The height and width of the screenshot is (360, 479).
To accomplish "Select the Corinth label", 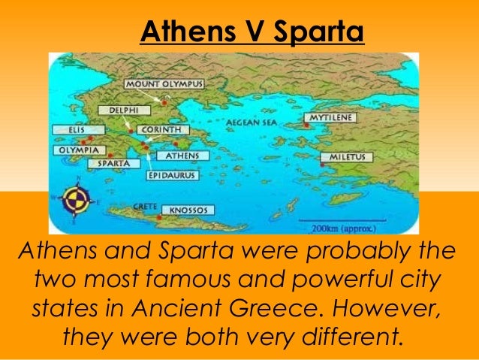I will tap(161, 129).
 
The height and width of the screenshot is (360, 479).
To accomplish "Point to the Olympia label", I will tap(77, 150).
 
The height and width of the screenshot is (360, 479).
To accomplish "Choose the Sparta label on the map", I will tap(110, 162).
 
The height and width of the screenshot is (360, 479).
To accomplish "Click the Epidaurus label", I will tap(170, 176).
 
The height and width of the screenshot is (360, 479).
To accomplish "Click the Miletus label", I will tap(348, 157).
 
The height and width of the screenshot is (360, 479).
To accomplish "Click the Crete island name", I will tap(143, 205).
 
